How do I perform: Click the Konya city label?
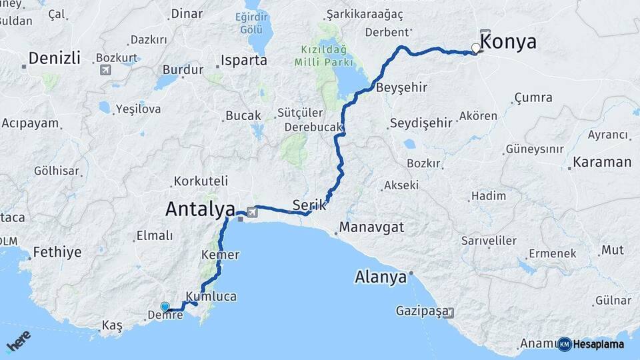(508, 42)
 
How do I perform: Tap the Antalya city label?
(199, 209)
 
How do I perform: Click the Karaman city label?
(602, 162)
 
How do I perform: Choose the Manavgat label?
(371, 227)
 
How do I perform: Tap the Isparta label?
(245, 61)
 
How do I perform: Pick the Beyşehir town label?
(401, 88)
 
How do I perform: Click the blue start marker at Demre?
(165, 307)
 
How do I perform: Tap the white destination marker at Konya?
(475, 48)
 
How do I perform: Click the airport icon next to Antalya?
(251, 213)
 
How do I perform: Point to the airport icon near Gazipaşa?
(451, 312)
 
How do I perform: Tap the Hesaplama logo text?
(595, 345)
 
